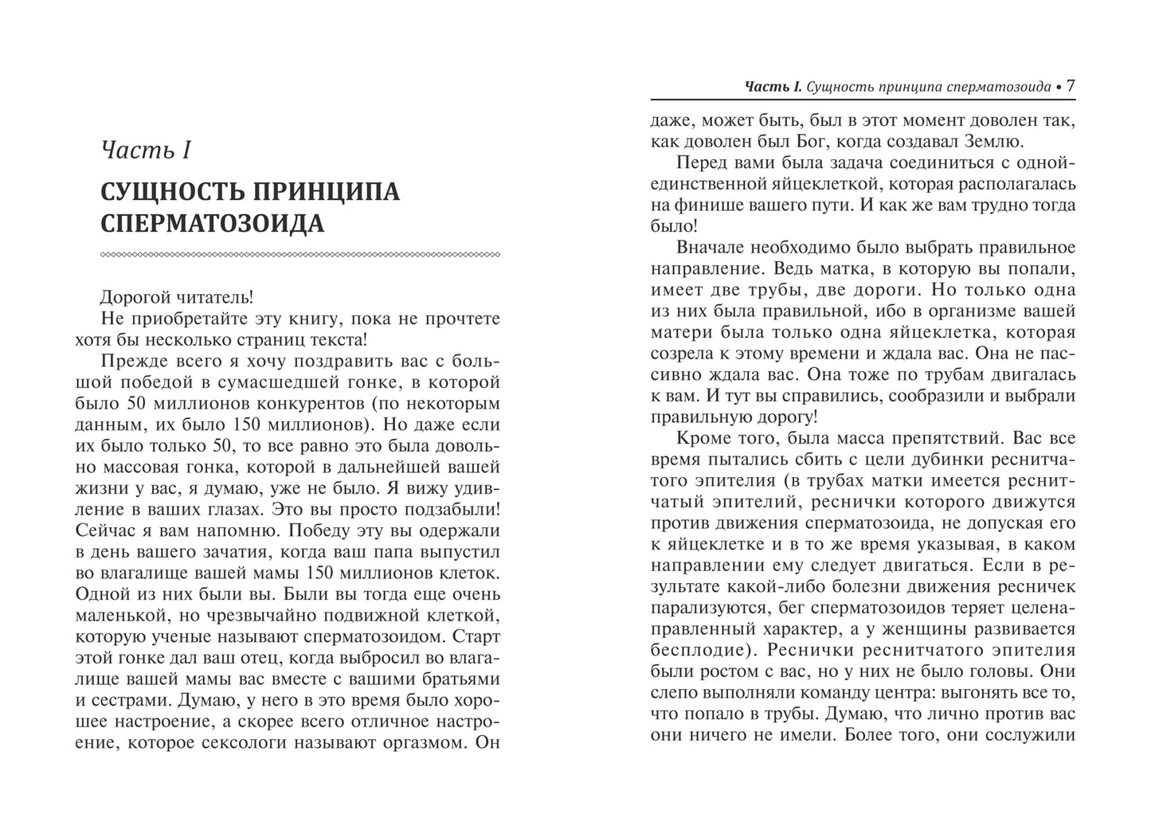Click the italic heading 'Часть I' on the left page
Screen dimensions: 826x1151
148,151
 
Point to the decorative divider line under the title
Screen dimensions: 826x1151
300,255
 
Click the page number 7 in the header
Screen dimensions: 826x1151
1071,86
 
